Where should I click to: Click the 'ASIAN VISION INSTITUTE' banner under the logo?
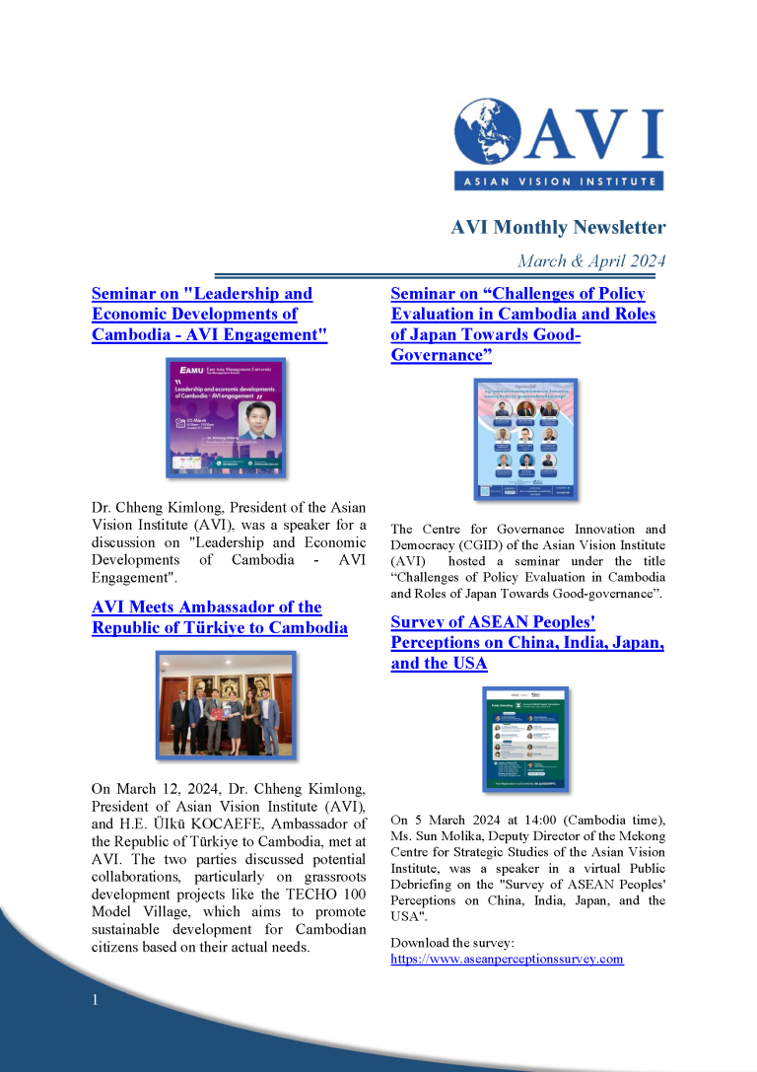tap(558, 181)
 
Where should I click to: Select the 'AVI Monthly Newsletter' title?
tap(558, 228)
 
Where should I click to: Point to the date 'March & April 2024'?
tap(591, 261)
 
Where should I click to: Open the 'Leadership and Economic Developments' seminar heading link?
tap(209, 314)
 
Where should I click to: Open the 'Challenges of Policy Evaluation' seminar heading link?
tap(522, 324)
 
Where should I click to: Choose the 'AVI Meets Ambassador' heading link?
tap(219, 616)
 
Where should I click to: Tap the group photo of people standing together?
tap(224, 701)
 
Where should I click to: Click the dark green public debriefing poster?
tap(525, 738)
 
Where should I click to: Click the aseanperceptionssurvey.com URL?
tap(507, 959)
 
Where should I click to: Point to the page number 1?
tap(95, 1001)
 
